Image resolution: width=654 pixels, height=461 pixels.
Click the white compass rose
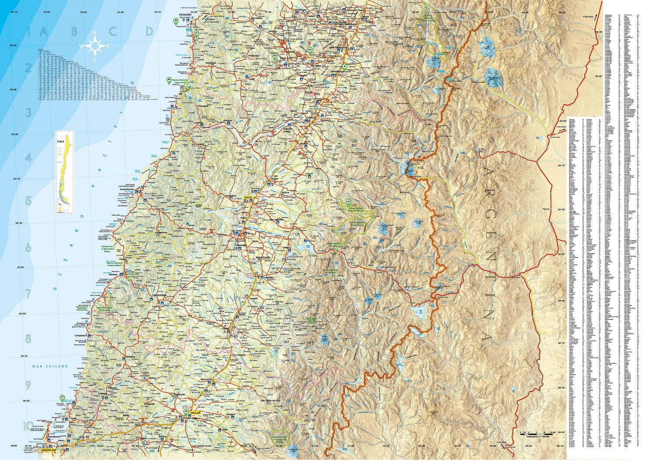95,46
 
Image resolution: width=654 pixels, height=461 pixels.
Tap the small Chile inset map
65,172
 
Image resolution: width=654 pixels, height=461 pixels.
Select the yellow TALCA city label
248,197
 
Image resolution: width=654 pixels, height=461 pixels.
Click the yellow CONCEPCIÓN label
48,450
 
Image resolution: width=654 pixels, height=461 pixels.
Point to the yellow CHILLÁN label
195,412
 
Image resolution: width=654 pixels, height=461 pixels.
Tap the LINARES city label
267,277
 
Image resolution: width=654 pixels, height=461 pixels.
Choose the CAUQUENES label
160,295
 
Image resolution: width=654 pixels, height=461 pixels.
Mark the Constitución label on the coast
126,190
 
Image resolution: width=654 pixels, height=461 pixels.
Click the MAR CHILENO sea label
50,366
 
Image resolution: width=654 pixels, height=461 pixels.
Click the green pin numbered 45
176,21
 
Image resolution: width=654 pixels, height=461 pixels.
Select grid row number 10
28,426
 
